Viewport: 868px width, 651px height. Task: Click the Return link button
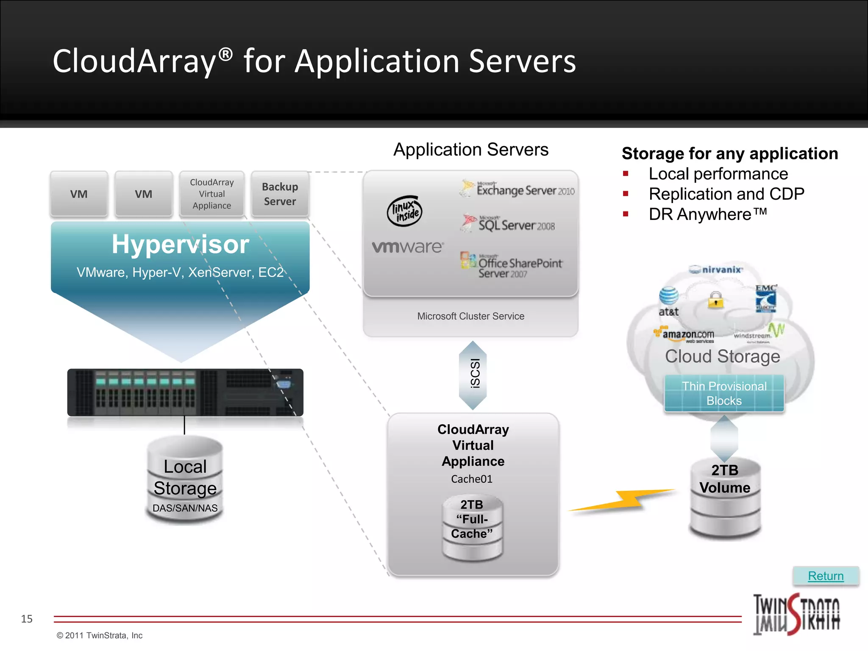[826, 576]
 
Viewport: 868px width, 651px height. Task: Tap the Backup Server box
[280, 194]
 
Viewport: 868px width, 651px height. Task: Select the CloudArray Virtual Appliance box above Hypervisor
[212, 194]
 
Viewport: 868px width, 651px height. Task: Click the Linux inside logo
[405, 211]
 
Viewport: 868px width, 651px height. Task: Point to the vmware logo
[408, 247]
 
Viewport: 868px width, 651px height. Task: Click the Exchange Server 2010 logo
[517, 189]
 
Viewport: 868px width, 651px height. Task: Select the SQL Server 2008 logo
[509, 224]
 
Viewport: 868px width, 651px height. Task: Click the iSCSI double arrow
[473, 375]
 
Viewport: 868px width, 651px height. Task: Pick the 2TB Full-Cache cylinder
[472, 528]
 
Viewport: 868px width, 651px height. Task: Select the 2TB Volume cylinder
[725, 498]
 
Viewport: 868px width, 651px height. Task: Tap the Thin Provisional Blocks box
[724, 393]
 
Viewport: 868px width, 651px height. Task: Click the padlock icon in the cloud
[716, 300]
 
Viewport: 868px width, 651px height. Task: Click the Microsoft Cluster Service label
[470, 316]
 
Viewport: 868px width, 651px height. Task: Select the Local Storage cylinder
[185, 481]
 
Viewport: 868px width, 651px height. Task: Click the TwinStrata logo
[796, 615]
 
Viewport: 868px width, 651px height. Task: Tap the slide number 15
[27, 619]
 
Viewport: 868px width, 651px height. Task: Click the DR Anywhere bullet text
[708, 214]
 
